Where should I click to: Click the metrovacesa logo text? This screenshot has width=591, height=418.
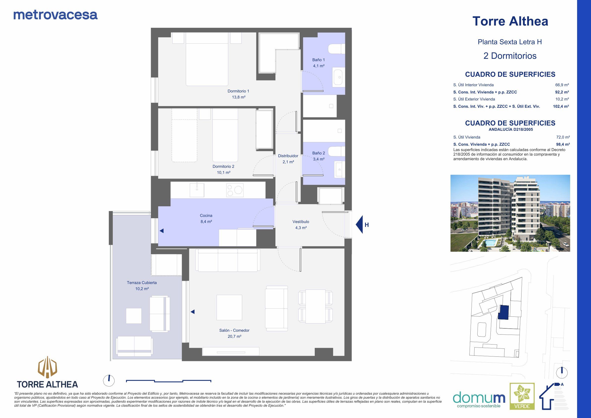tap(55, 15)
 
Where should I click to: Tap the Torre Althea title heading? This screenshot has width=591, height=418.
tap(510, 21)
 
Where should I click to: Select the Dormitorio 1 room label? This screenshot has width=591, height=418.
tap(238, 91)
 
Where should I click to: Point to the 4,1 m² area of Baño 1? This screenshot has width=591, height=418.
tap(318, 66)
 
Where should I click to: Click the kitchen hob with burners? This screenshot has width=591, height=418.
tap(235, 190)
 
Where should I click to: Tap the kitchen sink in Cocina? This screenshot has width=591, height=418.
tap(197, 190)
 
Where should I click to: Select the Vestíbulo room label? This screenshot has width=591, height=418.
tap(301, 222)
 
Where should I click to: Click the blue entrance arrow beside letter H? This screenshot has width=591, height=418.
tap(359, 224)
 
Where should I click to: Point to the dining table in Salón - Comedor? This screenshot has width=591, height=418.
tap(315, 306)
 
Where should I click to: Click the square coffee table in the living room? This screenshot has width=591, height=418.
tap(229, 307)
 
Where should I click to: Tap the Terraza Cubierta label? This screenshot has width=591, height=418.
tap(141, 283)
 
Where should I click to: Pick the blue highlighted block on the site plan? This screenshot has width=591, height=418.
tap(503, 313)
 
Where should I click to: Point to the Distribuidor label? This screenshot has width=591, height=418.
tap(288, 156)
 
